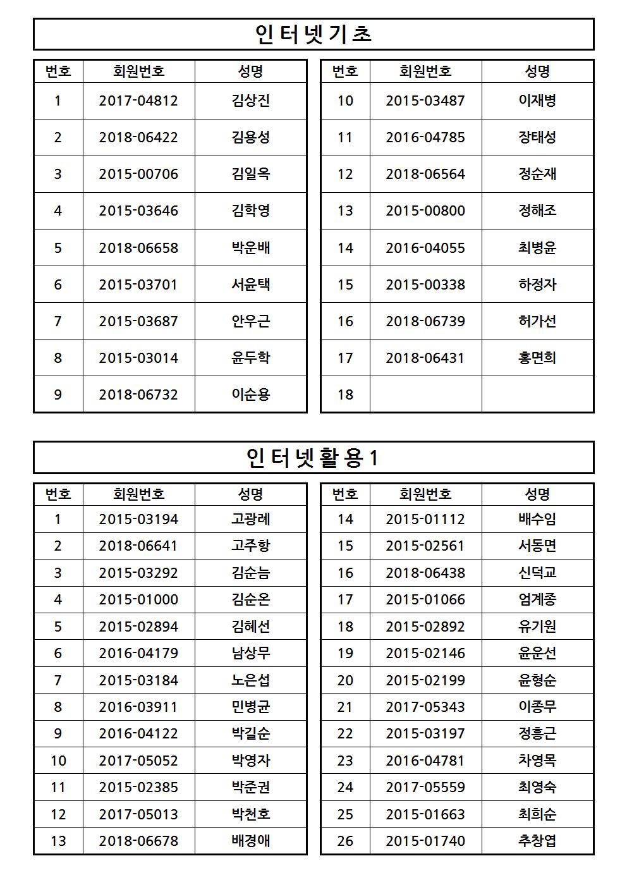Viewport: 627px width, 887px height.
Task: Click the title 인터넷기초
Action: pos(313,34)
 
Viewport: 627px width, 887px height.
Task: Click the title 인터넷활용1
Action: pos(313,458)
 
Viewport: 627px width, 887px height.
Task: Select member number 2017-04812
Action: pos(138,101)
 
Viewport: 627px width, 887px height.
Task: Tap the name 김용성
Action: pos(251,138)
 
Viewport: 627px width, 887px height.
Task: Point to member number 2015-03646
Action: pos(138,211)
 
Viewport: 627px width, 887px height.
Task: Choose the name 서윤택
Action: pos(251,284)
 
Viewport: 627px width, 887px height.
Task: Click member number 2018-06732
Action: pos(138,395)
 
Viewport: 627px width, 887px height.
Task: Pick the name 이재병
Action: pos(537,101)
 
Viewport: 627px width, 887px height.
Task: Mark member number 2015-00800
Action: pos(425,211)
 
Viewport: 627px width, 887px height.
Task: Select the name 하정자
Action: pos(537,284)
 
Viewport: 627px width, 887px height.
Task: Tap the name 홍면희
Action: pos(537,358)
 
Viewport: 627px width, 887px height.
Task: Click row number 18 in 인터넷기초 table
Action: pos(345,395)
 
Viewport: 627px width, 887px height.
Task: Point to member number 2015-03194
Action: pos(138,520)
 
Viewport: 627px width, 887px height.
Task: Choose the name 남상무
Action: pos(251,654)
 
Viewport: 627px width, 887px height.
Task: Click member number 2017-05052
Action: pos(138,761)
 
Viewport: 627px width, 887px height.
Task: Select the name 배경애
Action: pos(251,841)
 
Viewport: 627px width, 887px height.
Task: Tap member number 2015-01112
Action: pos(425,520)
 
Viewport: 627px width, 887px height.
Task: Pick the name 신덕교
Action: pos(537,573)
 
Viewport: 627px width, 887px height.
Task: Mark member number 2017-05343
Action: pos(425,707)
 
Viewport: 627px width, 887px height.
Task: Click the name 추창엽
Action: pos(537,841)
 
